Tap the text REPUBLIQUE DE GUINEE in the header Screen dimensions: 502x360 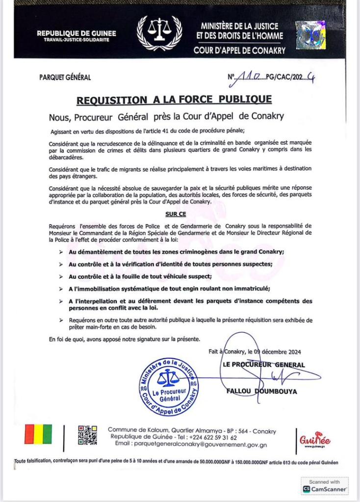(77, 33)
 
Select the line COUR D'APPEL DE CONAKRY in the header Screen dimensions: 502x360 (239, 50)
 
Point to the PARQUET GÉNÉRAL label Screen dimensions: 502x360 (65, 77)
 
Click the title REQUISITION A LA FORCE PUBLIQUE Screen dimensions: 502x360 (174, 100)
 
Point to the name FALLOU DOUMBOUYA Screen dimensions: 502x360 (261, 391)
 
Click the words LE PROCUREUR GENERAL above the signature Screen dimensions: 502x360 (264, 365)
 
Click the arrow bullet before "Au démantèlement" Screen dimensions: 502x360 (60, 251)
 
